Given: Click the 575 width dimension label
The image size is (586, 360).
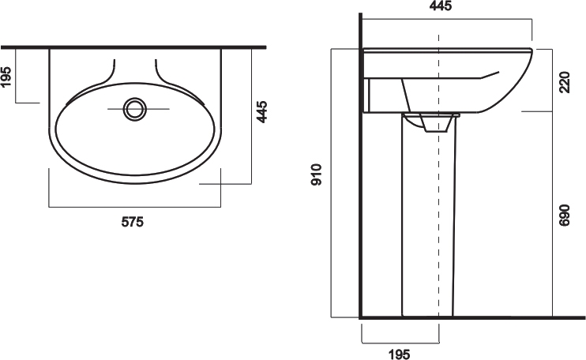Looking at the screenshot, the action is point(133,222).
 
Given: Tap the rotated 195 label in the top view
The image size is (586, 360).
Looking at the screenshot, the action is point(7,76).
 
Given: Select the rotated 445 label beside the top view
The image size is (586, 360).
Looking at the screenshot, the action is point(261,111).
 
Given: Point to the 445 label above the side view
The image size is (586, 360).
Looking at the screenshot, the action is point(441,6).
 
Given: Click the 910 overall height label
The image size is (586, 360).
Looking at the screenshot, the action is point(316,174).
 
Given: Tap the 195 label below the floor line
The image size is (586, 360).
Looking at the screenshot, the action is point(399,354).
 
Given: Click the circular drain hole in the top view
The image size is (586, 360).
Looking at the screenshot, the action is point(134,109).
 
